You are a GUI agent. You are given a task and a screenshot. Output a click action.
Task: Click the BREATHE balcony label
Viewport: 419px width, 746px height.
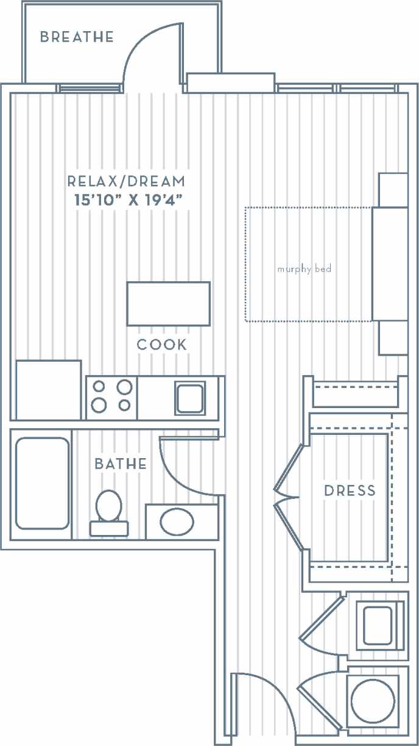[77, 37]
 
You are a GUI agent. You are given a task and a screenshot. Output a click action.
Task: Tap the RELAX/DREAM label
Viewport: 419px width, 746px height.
[125, 181]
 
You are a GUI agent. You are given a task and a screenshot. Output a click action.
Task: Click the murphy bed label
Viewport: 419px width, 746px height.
[304, 269]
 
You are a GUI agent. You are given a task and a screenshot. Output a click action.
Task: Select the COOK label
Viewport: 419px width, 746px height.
[161, 345]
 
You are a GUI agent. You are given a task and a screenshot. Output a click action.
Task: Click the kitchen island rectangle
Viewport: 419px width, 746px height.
[168, 304]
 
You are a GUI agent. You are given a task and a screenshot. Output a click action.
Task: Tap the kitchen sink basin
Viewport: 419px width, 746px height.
[190, 398]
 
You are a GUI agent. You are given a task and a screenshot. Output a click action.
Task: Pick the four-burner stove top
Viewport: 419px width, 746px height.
[111, 396]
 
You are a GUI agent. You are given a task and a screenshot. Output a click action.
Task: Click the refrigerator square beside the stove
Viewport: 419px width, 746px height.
[48, 390]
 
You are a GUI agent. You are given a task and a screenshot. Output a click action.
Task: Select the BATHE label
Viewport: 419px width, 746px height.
[121, 464]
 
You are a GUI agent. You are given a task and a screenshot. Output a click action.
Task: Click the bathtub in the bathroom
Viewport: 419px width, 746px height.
[41, 483]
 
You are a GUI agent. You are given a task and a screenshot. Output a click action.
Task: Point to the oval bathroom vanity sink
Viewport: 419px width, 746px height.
[177, 522]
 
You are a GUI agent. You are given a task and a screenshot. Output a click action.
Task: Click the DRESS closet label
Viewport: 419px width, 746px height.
[350, 491]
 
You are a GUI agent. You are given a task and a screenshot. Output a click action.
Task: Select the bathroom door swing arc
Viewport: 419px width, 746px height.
[183, 470]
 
